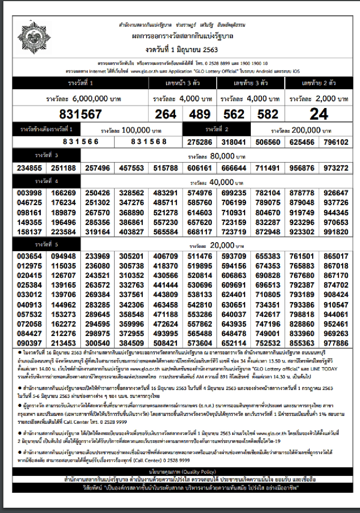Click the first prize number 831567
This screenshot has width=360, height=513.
click(81, 114)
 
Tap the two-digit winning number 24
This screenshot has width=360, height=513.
click(319, 114)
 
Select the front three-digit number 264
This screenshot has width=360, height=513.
click(165, 114)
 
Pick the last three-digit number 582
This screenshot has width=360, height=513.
click(268, 114)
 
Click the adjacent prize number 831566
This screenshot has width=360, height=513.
click(81, 142)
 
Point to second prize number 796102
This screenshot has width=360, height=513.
click(336, 142)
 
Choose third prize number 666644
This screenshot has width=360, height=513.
click(234, 168)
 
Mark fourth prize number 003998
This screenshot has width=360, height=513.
click(29, 193)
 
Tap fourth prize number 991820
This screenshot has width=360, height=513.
click(336, 232)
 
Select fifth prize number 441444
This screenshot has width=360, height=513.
click(165, 285)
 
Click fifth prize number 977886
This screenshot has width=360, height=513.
click(336, 343)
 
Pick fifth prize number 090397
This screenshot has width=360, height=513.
click(29, 343)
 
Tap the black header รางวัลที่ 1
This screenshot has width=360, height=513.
click(80, 83)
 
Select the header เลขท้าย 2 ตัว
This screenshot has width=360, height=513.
click(319, 83)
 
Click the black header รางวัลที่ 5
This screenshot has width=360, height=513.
click(46, 244)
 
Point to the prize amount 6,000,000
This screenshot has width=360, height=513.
click(90, 99)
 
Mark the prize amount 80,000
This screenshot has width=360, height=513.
click(222, 156)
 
